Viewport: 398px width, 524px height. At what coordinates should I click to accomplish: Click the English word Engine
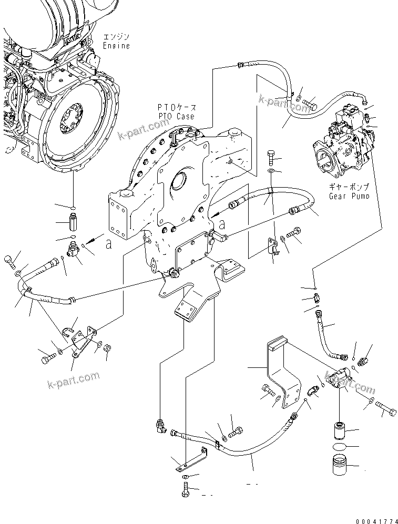click(116, 46)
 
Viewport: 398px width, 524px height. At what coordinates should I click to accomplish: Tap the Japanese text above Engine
click(117, 37)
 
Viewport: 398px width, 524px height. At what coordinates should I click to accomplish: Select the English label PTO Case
click(176, 116)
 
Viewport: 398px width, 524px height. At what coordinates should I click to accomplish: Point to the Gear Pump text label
click(349, 196)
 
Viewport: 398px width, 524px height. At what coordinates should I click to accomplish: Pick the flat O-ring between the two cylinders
click(339, 447)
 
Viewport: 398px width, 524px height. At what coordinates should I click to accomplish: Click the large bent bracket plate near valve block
click(281, 373)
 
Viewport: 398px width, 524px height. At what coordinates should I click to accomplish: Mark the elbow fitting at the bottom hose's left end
click(160, 425)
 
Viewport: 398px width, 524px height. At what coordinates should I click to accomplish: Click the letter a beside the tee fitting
click(109, 244)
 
